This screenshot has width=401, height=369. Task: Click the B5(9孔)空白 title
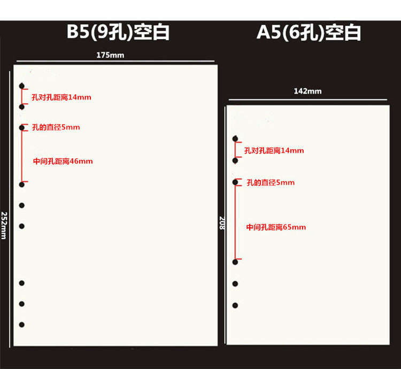118,32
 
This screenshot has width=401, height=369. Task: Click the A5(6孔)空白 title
309,32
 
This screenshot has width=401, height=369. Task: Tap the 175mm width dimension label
111,55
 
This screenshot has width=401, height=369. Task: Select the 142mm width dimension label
307,91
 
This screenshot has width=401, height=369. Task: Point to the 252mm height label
4,225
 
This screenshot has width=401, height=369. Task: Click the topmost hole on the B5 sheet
22,86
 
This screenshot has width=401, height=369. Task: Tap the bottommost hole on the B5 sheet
22,325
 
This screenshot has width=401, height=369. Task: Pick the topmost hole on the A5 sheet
235,139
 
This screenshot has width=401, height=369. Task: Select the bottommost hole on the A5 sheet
235,305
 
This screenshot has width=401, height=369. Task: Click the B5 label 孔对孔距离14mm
61,97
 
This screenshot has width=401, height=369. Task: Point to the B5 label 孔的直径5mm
56,127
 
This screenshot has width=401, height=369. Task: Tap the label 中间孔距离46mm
63,161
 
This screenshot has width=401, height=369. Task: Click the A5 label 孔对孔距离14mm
274,151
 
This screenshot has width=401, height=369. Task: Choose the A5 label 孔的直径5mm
271,183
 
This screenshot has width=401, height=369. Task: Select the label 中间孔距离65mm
276,227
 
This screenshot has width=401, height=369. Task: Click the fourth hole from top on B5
22,184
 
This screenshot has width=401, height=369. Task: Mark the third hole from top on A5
235,182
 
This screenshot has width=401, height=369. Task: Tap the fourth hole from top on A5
235,262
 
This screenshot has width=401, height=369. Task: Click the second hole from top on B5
22,107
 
